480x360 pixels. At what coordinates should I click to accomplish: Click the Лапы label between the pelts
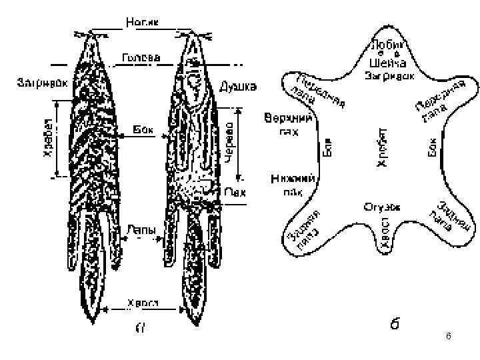click(141, 230)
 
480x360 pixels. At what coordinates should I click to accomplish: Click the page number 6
click(449, 338)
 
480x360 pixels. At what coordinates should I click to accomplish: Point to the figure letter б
click(395, 325)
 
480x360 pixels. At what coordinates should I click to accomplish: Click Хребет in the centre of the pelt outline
click(382, 147)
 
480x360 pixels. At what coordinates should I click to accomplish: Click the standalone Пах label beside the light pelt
click(234, 192)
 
